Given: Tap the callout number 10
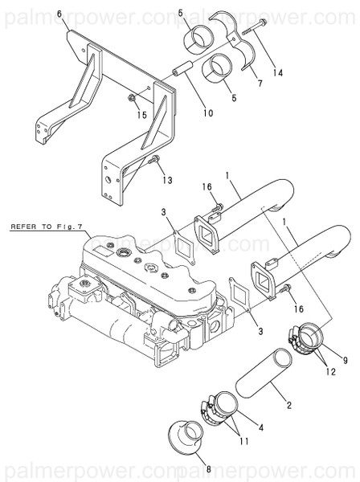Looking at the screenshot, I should click(208, 113).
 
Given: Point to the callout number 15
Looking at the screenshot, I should click(142, 114).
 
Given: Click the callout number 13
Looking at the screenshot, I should click(168, 180).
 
